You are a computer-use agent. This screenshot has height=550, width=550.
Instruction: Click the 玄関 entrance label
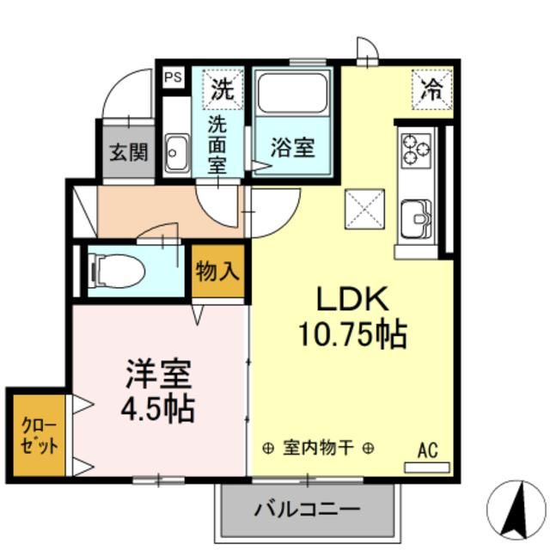(128, 152)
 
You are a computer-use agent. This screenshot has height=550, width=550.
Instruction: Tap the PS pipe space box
(173, 77)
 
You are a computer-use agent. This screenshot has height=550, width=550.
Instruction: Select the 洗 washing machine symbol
(223, 88)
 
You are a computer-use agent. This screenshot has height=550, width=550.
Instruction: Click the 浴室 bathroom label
(292, 147)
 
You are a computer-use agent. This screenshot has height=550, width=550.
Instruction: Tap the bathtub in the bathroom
(293, 95)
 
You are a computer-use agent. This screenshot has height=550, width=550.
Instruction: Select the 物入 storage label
(217, 272)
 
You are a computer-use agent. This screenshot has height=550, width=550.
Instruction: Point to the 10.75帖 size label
(352, 335)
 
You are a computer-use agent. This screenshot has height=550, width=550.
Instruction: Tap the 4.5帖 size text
(157, 408)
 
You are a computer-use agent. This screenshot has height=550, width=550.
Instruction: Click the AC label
(428, 449)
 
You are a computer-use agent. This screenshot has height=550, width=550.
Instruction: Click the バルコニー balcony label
(307, 509)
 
